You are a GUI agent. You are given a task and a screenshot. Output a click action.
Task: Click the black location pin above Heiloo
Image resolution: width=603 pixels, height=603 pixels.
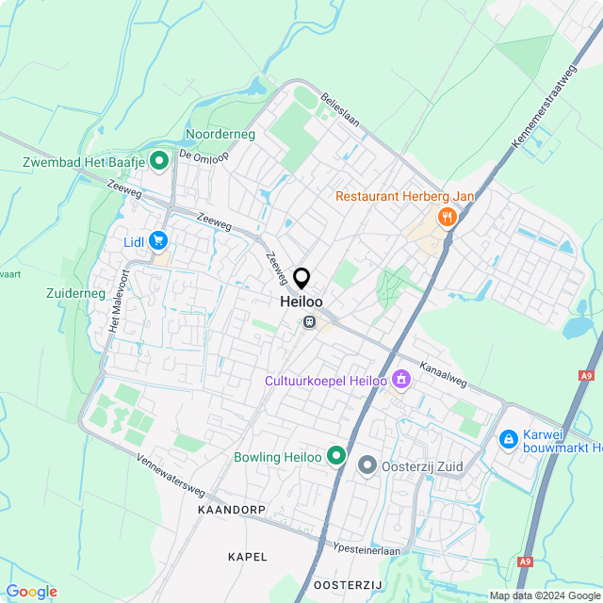point(301,278)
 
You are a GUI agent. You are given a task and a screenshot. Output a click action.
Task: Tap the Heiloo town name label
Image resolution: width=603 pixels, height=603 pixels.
point(301,301)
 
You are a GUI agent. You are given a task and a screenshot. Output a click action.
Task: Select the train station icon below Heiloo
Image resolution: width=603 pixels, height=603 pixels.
point(309,322)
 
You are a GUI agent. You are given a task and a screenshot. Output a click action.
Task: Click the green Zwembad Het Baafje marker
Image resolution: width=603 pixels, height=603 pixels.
point(158,161)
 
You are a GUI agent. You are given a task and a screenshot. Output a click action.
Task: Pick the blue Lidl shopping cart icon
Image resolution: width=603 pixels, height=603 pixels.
point(158,242)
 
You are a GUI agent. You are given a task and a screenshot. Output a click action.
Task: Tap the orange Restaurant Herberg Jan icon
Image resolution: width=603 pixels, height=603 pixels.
point(446,218)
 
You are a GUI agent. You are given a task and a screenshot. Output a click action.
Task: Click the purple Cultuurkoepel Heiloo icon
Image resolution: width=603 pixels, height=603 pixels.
point(402,379)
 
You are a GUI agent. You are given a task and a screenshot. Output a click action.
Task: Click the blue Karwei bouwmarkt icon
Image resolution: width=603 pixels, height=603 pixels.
point(508,439)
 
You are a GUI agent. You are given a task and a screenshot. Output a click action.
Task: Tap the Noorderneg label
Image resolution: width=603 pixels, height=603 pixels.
point(220,135)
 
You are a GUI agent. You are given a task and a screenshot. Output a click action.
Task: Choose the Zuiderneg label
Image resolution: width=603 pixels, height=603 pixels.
point(75,294)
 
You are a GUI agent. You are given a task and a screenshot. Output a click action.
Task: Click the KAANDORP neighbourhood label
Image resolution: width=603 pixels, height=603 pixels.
point(232,509)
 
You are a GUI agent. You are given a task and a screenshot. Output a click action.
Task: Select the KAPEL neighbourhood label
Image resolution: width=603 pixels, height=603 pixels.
point(248,557)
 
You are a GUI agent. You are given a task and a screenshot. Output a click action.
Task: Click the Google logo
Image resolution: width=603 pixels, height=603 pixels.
point(31,592)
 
